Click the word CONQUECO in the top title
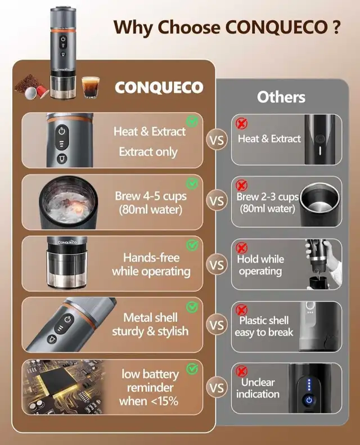pyautogui.click(x=276, y=27)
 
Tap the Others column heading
pyautogui.click(x=281, y=97)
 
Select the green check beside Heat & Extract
pyautogui.click(x=192, y=122)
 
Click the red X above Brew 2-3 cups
pyautogui.click(x=241, y=185)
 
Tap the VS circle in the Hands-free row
pyautogui.click(x=217, y=265)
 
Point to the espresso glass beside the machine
pyautogui.click(x=91, y=87)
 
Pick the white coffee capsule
pyautogui.click(x=30, y=93)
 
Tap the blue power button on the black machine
pyautogui.click(x=309, y=401)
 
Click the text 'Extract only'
pyautogui.click(x=148, y=152)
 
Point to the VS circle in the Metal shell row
pyautogui.click(x=217, y=325)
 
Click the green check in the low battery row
pyautogui.click(x=192, y=368)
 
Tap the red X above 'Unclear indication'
pyautogui.click(x=241, y=371)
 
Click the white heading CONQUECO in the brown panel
pyautogui.click(x=159, y=87)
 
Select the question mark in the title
pyautogui.click(x=336, y=27)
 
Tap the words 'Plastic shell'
pyautogui.click(x=264, y=321)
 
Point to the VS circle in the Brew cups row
pyautogui.click(x=217, y=201)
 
